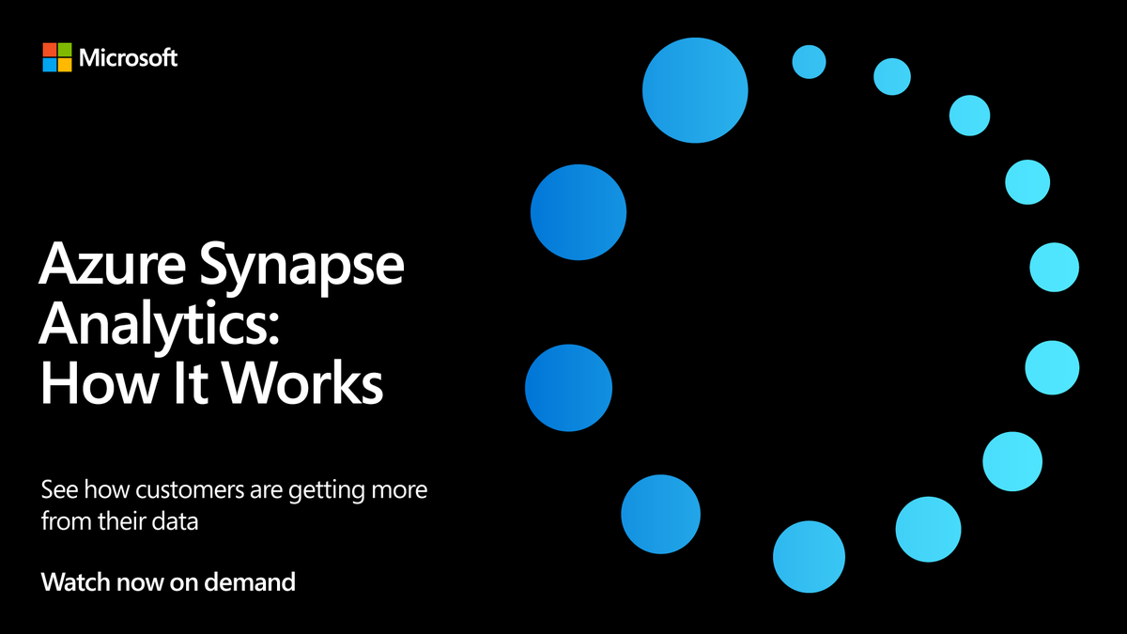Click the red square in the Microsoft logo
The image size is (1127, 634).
point(49,49)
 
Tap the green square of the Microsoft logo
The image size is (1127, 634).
point(65,49)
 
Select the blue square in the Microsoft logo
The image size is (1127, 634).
point(49,65)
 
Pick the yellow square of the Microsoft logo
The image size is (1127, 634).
point(65,65)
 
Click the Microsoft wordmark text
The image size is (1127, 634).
point(128,57)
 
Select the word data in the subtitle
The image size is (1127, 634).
point(177,520)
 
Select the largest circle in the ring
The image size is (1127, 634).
point(695,91)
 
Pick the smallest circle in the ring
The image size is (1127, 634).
point(809,62)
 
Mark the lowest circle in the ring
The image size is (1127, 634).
point(812,556)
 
